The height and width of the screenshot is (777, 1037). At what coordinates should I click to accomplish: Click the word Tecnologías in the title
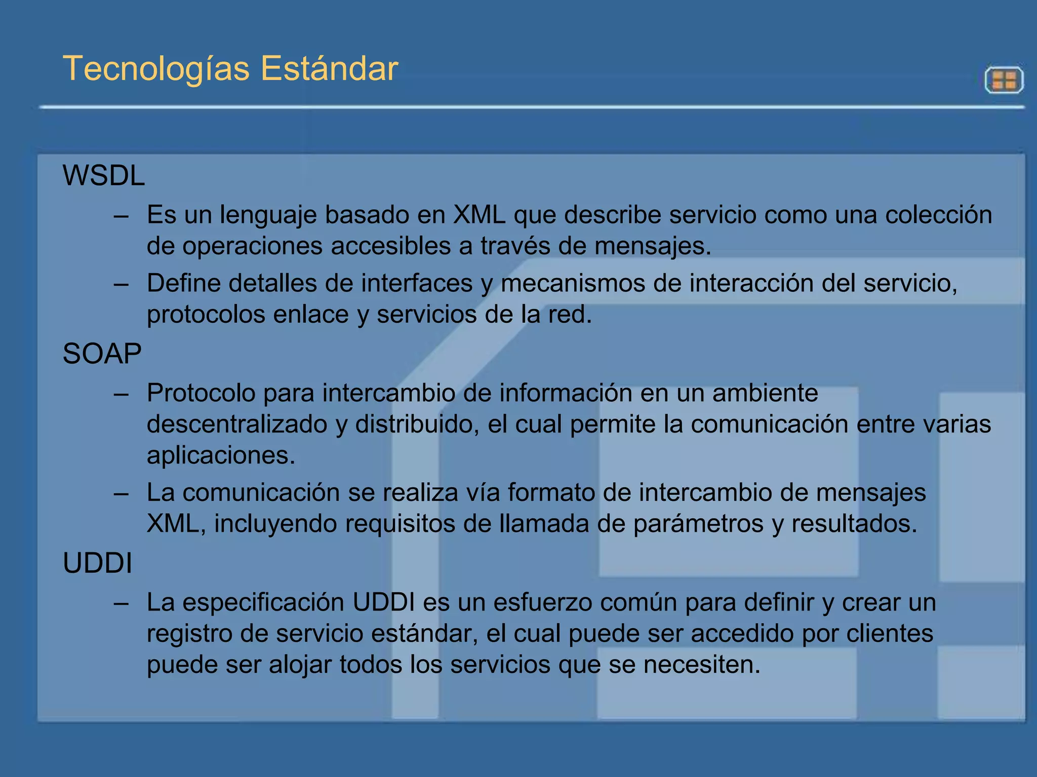[156, 69]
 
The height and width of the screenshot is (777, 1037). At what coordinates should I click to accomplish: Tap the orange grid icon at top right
[1004, 80]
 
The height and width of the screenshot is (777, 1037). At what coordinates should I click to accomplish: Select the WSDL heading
[104, 176]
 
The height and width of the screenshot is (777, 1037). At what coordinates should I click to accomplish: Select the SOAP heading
[102, 353]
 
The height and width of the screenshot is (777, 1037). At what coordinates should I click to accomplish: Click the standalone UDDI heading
[97, 563]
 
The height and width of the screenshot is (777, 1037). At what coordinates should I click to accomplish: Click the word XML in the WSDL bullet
[479, 214]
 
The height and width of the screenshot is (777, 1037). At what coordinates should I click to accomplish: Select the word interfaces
[416, 283]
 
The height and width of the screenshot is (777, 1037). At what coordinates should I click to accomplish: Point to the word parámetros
[698, 524]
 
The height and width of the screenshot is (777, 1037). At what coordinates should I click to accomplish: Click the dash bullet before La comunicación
[121, 493]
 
